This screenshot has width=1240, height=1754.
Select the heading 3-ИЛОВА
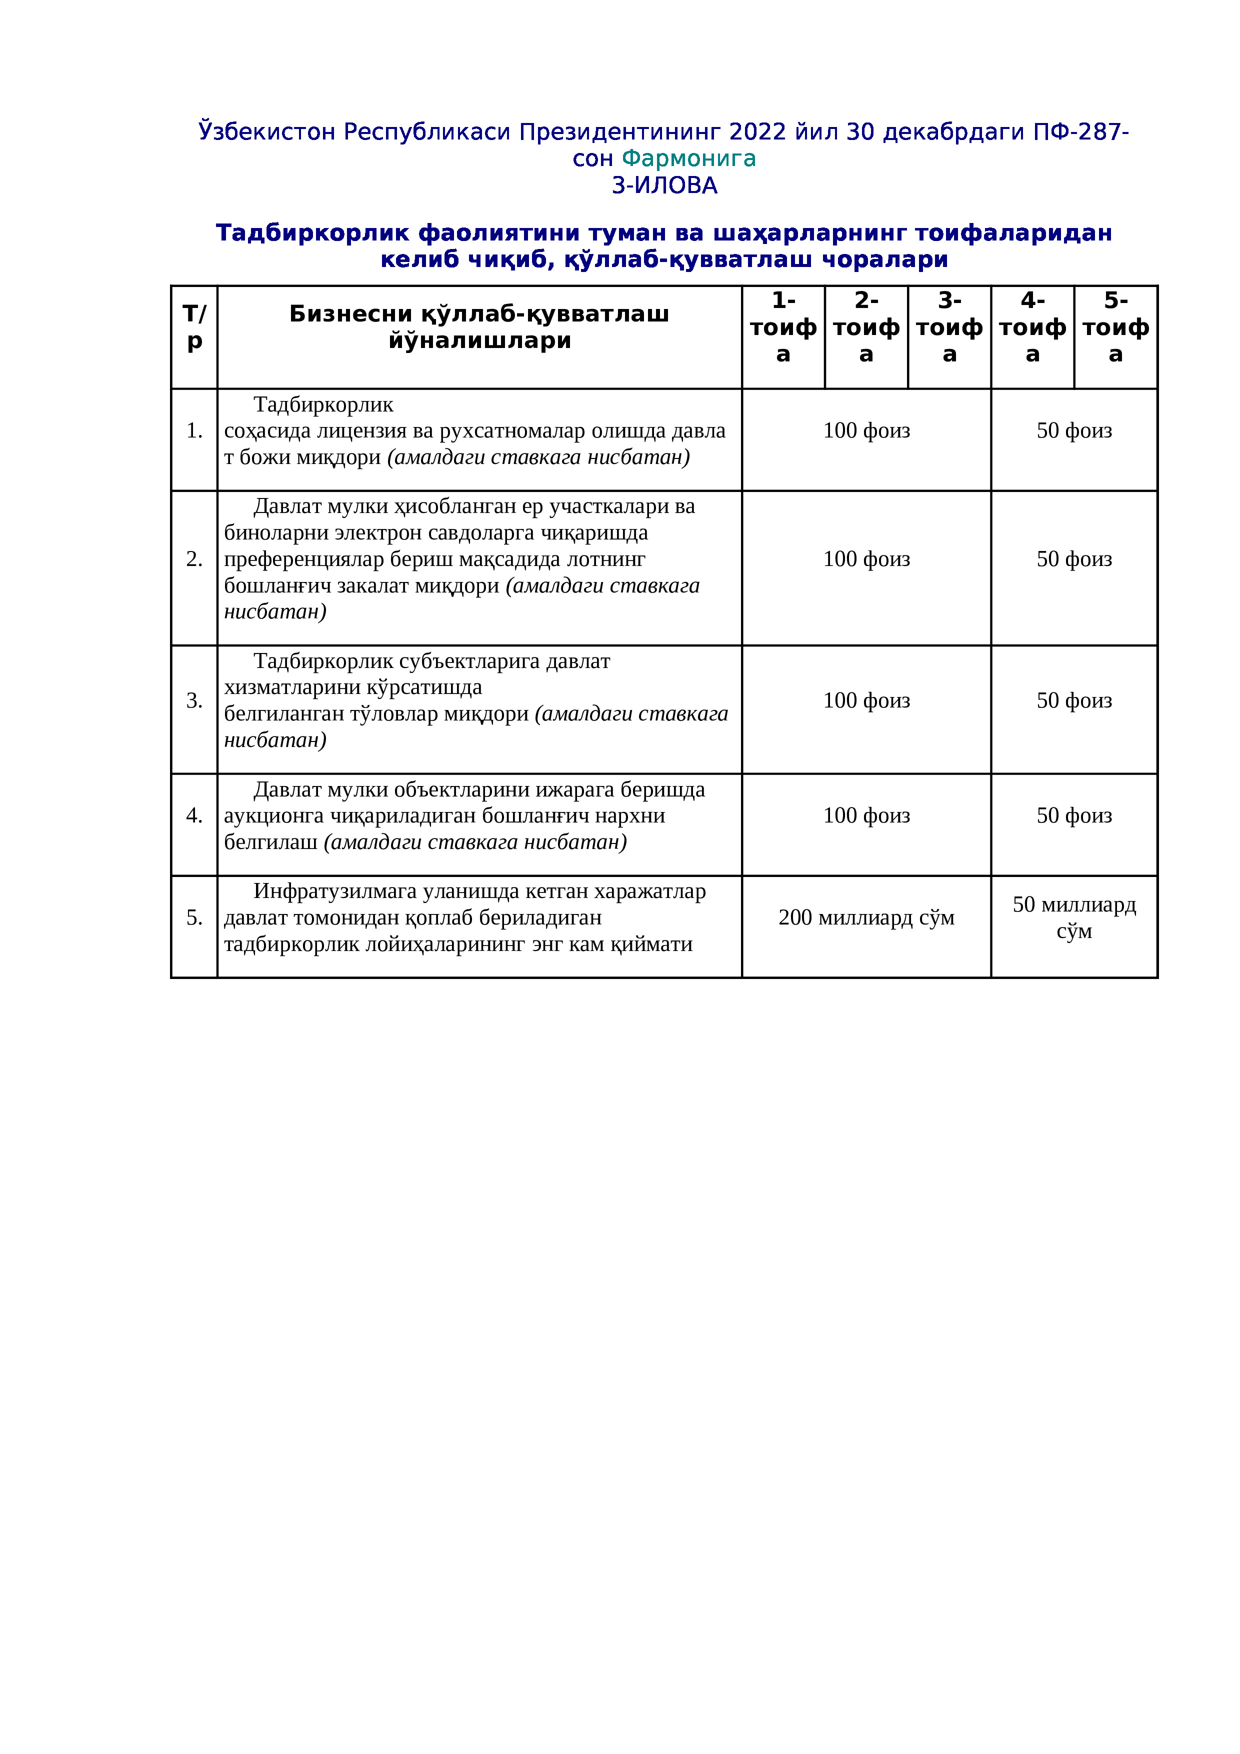point(664,185)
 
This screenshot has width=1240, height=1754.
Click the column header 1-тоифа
point(783,327)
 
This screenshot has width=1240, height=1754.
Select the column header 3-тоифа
point(949,327)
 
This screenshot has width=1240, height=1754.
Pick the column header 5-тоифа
point(1115,327)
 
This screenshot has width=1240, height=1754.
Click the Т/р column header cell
point(194,327)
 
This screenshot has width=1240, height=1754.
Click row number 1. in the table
point(194,431)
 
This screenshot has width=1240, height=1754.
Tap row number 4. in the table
point(194,816)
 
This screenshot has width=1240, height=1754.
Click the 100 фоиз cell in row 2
point(866,559)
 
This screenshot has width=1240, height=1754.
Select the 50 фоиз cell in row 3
point(1073,700)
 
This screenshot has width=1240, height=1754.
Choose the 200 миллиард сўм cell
point(866,917)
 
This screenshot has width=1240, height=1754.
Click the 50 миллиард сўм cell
point(1073,917)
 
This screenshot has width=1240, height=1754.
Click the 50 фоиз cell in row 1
point(1073,431)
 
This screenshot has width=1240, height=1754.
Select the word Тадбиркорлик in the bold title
point(311,233)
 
